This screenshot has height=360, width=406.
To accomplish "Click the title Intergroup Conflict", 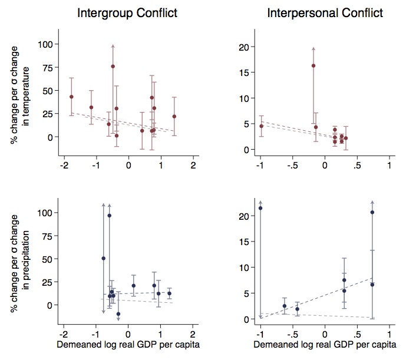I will point(128,13).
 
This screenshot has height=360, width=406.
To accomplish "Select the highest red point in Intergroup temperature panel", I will point(113,67).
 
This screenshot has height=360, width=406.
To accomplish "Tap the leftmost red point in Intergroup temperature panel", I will point(71,97).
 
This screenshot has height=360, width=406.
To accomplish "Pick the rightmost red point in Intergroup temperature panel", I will point(174,117).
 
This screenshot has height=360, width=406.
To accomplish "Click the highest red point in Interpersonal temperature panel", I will point(313,65).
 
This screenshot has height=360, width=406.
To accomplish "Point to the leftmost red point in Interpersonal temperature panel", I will point(261,125).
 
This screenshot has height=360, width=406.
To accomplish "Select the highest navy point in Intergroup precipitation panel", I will point(110,216).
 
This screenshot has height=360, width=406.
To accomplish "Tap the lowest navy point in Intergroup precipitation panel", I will point(118,314).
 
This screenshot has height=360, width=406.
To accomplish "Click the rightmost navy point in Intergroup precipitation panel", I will point(170,293).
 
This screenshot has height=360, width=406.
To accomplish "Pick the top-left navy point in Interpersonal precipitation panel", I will point(260,208).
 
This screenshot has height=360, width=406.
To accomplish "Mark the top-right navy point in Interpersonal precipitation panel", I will point(372,212).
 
